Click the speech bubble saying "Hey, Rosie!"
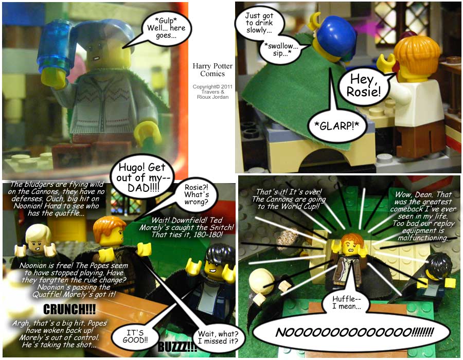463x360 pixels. [x=364, y=86]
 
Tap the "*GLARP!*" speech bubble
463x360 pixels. [x=336, y=126]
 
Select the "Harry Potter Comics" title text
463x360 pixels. [x=212, y=69]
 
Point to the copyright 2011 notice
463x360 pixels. [x=212, y=92]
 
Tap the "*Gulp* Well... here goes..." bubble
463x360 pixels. [x=166, y=28]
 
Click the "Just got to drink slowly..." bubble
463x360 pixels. [x=259, y=23]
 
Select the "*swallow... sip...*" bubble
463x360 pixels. [x=281, y=49]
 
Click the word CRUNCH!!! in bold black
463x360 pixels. [x=69, y=309]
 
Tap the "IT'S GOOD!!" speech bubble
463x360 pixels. [x=135, y=336]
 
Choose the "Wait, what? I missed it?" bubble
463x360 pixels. [x=218, y=337]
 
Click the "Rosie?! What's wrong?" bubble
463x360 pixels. [x=197, y=195]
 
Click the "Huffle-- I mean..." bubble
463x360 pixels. [x=346, y=302]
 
